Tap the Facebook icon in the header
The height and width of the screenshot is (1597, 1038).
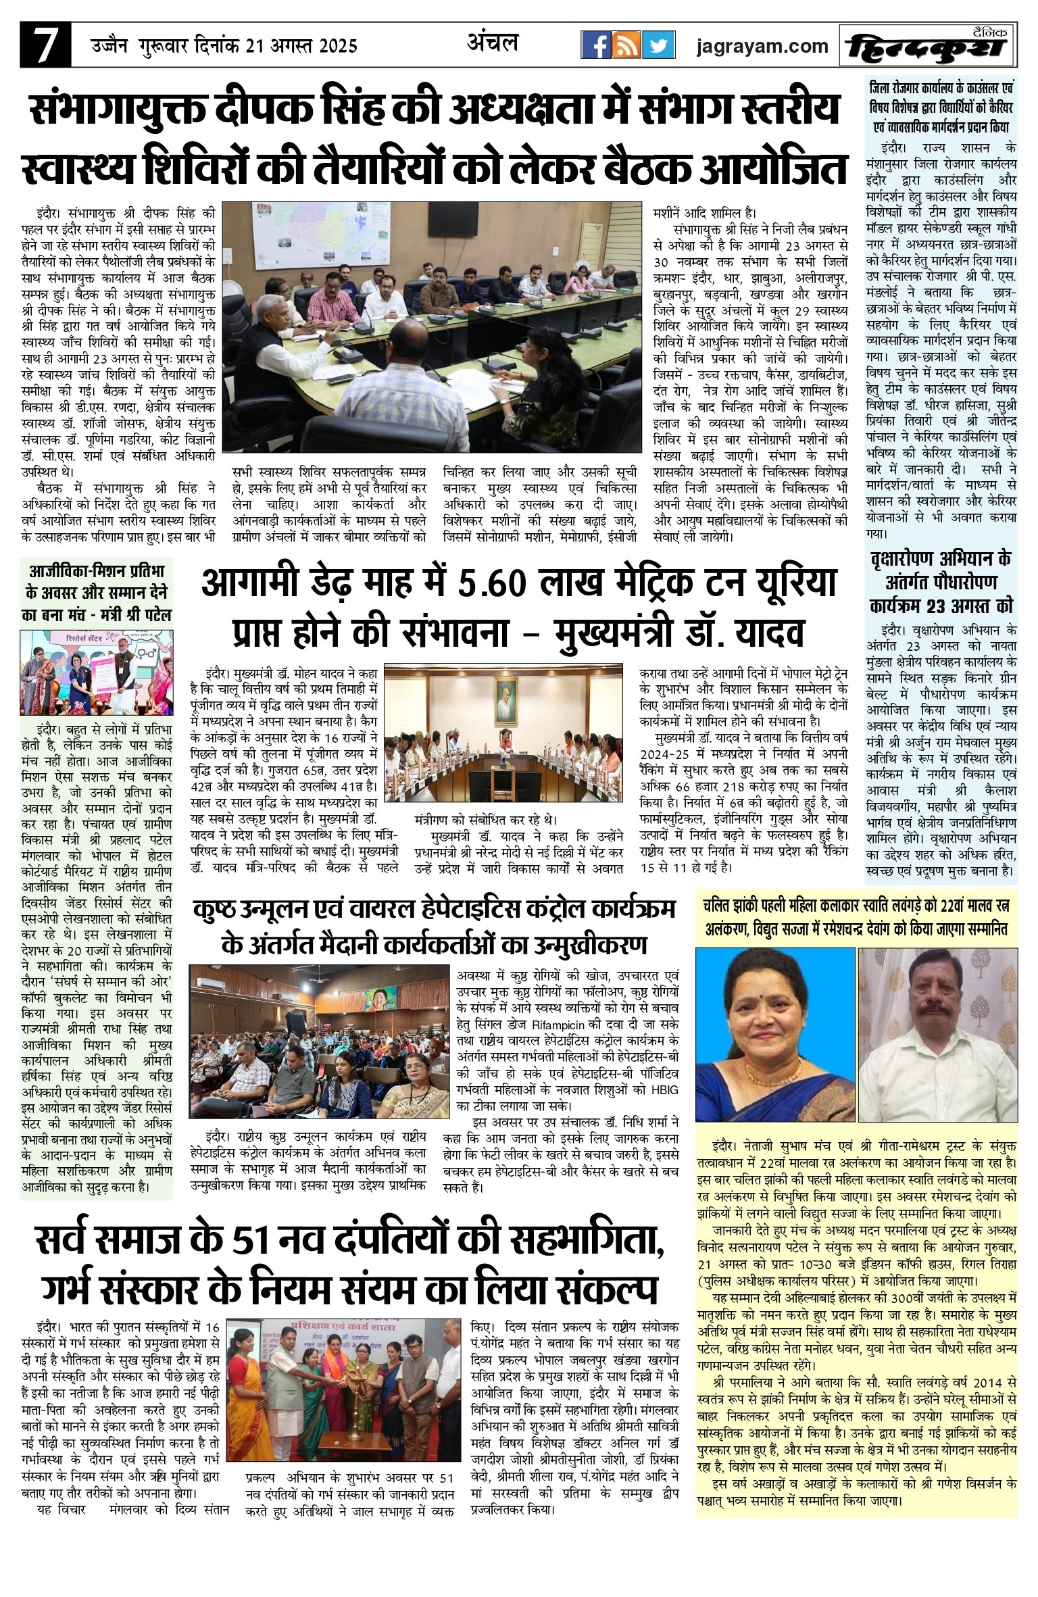(596, 45)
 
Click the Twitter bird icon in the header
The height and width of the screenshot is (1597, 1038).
(658, 45)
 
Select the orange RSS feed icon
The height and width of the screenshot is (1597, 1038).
(627, 45)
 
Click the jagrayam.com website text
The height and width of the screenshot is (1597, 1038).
(762, 46)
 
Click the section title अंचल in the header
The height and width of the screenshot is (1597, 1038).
(493, 43)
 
